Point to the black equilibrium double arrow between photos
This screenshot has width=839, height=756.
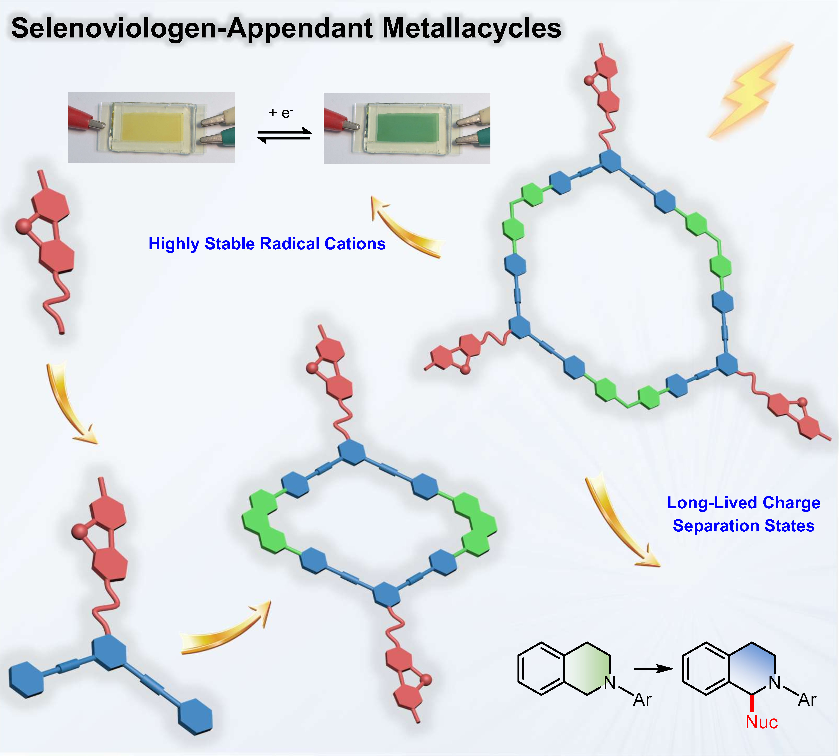(284, 135)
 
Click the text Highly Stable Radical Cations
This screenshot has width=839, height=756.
(267, 244)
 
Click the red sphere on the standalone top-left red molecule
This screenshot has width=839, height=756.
(22, 226)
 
